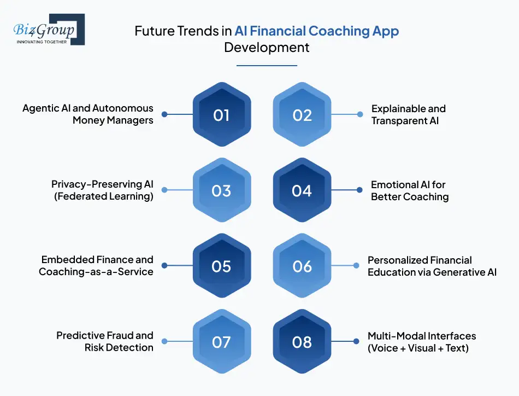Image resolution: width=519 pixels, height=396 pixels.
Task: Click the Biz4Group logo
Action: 49,30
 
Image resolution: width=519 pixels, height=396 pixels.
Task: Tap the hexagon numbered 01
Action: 222,114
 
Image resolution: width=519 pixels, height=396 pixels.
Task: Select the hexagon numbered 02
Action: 302,114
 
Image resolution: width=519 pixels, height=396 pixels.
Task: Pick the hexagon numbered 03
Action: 222,190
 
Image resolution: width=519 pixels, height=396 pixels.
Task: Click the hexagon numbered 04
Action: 302,190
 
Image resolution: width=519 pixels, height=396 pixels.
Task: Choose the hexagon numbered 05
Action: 222,265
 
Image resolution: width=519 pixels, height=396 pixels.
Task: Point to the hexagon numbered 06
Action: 302,265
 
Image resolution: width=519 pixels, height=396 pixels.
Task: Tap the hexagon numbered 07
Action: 222,341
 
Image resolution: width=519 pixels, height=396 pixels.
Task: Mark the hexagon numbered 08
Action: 302,341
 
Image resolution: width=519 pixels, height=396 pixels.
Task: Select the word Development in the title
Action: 267,48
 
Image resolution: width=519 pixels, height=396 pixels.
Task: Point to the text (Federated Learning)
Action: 104,196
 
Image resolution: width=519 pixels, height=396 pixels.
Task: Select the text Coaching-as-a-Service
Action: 96,272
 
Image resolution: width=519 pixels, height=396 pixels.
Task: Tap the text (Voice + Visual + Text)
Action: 418,348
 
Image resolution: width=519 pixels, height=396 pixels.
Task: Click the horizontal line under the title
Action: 267,66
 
